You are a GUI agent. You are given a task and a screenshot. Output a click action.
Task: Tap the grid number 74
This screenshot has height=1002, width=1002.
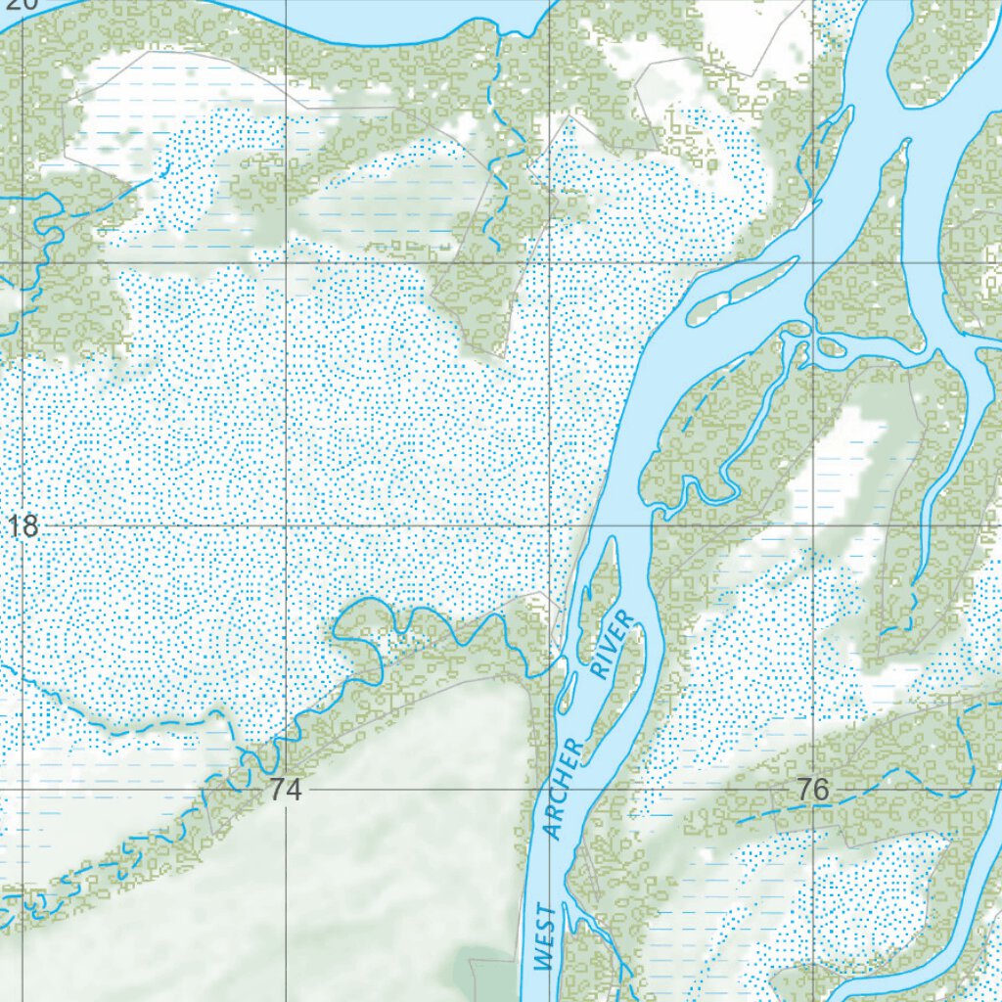tap(286, 789)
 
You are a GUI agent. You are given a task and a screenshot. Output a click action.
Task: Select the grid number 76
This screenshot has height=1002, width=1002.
tap(812, 789)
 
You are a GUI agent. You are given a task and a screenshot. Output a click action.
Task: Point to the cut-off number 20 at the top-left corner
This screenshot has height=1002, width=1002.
tap(20, 4)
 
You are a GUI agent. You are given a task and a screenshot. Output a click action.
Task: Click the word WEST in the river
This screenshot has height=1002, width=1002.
tap(545, 938)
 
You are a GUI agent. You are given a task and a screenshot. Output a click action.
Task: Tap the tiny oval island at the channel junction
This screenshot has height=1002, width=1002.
tap(833, 346)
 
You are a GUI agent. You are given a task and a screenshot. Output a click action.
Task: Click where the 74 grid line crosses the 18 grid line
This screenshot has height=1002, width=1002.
tap(286, 525)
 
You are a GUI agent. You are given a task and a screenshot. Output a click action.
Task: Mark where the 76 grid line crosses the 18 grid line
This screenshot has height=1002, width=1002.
tap(814, 525)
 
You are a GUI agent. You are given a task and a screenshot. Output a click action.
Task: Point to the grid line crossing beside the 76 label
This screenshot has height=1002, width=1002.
tap(814, 788)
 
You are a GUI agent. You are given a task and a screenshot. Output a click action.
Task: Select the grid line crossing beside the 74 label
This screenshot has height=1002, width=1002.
tap(286, 788)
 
